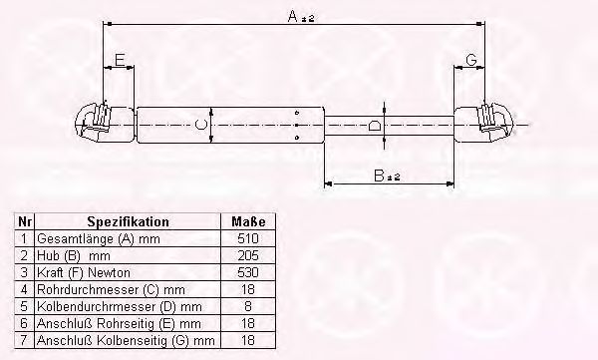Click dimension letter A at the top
point(292,16)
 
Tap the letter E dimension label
point(120,60)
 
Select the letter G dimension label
point(471,60)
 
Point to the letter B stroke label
point(379,176)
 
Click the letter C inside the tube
point(200,125)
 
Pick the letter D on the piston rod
point(375,126)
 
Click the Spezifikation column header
point(128,221)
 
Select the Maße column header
point(248,221)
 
